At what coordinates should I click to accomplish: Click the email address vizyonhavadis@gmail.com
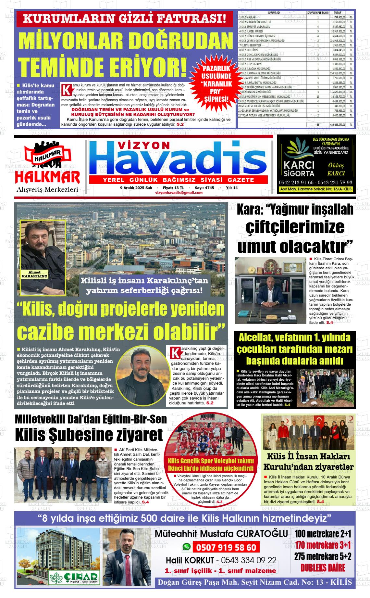[x=179, y=193]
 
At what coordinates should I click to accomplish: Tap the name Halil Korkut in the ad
[x=190, y=560]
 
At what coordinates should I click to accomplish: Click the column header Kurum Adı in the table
[x=273, y=13]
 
